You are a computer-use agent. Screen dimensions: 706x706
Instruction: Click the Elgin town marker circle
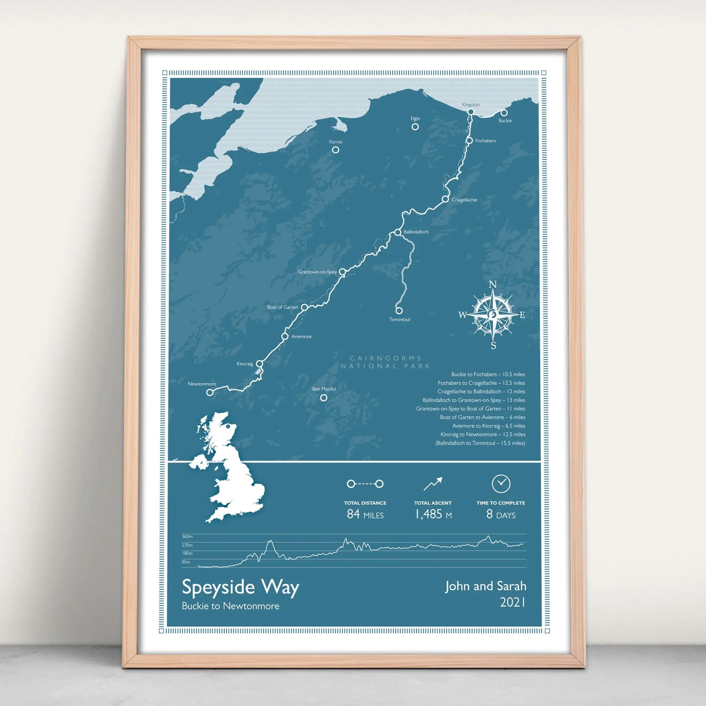pyautogui.click(x=415, y=127)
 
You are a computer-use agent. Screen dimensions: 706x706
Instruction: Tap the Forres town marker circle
pyautogui.click(x=335, y=150)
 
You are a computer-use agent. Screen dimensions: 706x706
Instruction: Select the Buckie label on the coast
pyautogui.click(x=505, y=120)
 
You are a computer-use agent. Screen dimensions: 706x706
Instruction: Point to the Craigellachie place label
pyautogui.click(x=464, y=200)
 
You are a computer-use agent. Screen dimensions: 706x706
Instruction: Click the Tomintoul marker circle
pyautogui.click(x=399, y=310)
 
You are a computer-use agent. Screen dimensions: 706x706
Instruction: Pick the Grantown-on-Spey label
pyautogui.click(x=317, y=272)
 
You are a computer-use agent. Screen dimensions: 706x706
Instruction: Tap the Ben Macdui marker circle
pyautogui.click(x=323, y=398)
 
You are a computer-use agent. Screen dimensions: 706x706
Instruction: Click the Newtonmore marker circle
pyautogui.click(x=210, y=392)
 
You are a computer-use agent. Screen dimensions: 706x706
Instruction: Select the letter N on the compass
pyautogui.click(x=493, y=285)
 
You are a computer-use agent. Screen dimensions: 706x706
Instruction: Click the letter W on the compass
pyautogui.click(x=463, y=315)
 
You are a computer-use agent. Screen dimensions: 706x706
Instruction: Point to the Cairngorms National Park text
pyautogui.click(x=385, y=362)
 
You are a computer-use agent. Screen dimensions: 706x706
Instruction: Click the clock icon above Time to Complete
pyautogui.click(x=501, y=484)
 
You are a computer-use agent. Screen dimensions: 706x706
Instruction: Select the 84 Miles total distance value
pyautogui.click(x=365, y=514)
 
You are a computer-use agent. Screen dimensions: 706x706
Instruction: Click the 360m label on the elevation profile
pyautogui.click(x=187, y=537)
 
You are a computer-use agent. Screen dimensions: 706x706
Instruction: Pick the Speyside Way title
pyautogui.click(x=241, y=588)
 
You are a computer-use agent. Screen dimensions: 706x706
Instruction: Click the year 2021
pyautogui.click(x=512, y=602)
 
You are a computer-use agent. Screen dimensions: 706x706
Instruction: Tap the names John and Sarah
pyautogui.click(x=485, y=586)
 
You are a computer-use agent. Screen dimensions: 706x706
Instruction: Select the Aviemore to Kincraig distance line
pyautogui.click(x=488, y=426)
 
